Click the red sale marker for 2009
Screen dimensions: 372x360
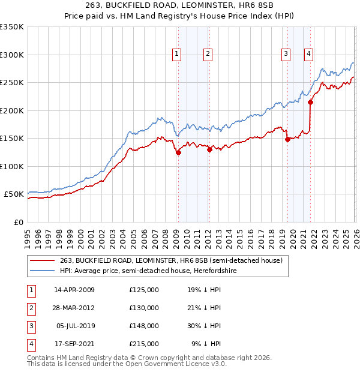[x=178, y=152]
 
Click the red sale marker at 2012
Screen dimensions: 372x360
[x=209, y=150]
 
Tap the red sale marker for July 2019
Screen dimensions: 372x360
[x=287, y=140]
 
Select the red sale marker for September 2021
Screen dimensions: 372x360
[x=310, y=103]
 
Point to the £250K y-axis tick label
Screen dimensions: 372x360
[x=12, y=83]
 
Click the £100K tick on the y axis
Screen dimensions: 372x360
[x=12, y=166]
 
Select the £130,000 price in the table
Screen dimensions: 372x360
[x=144, y=308]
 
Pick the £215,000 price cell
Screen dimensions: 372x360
[x=144, y=344]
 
